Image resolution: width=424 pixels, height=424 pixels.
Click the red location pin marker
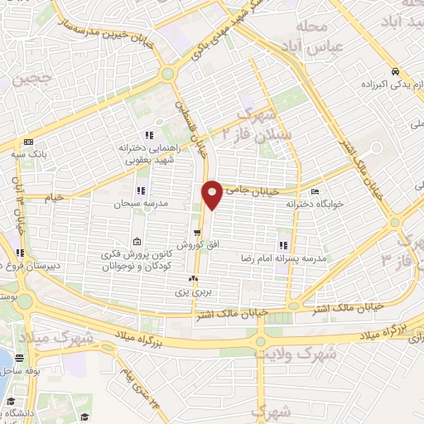point(212,194)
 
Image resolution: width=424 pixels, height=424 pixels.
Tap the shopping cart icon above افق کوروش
point(198,233)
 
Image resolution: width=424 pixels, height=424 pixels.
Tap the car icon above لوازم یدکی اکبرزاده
point(397,71)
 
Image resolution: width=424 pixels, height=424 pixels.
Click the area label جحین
point(26,80)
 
